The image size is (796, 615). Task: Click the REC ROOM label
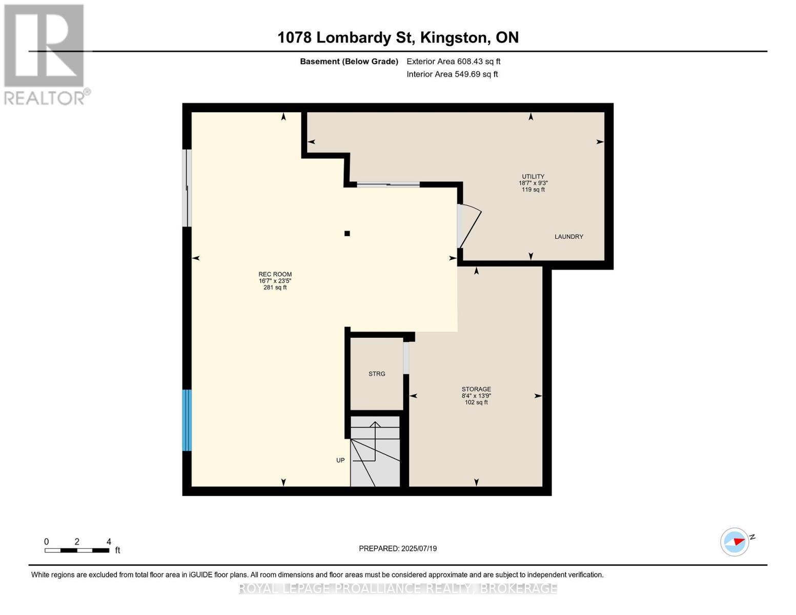click(x=275, y=274)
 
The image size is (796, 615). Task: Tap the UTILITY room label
click(x=533, y=176)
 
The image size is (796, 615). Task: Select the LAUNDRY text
click(x=568, y=237)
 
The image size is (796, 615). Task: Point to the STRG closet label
click(x=377, y=374)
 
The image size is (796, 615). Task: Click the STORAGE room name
click(x=476, y=389)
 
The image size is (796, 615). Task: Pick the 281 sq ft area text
click(x=275, y=288)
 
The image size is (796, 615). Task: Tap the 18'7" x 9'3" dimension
click(x=533, y=183)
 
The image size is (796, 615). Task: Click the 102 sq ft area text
click(x=476, y=402)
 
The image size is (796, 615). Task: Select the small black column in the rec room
click(x=347, y=233)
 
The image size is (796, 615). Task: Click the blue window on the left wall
click(x=187, y=420)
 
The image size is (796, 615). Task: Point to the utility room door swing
click(x=470, y=227)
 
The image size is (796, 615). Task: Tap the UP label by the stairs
click(x=340, y=460)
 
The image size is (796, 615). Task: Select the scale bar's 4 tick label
click(x=109, y=541)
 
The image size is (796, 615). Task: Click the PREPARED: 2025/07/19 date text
click(x=398, y=548)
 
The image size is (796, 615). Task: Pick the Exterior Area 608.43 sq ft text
click(x=454, y=61)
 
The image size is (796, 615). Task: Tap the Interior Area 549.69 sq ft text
click(x=452, y=74)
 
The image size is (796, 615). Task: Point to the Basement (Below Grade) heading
click(x=349, y=61)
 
